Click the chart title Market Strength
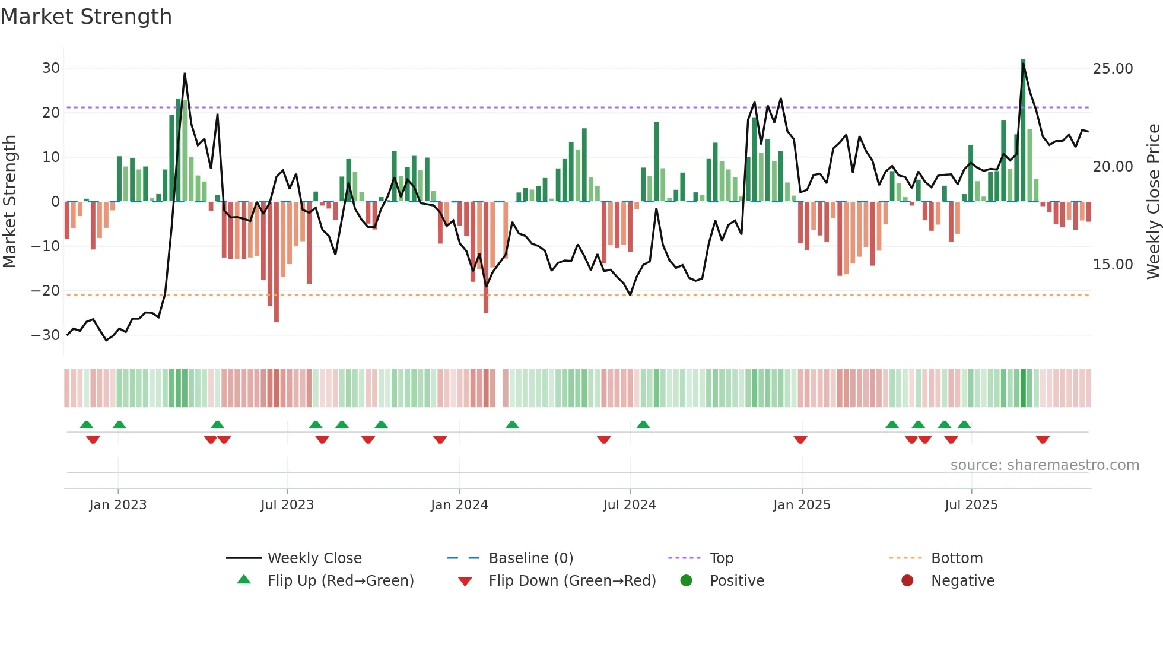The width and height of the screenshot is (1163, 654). pyautogui.click(x=86, y=17)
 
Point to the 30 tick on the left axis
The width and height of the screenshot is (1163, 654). pyautogui.click(x=51, y=68)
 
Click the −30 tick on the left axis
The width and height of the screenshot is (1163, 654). pyautogui.click(x=46, y=335)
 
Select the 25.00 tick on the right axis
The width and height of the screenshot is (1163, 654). pyautogui.click(x=1113, y=69)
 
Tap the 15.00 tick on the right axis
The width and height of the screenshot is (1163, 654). pyautogui.click(x=1113, y=265)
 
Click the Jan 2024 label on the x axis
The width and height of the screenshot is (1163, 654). pyautogui.click(x=459, y=505)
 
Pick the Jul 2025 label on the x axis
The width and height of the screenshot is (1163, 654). pyautogui.click(x=971, y=505)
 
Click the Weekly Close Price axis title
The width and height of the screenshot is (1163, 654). pyautogui.click(x=1153, y=202)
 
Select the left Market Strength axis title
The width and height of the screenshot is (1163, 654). pyautogui.click(x=10, y=202)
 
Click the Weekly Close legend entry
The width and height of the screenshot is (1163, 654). pyautogui.click(x=314, y=558)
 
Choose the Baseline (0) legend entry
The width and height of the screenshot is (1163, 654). pyautogui.click(x=530, y=558)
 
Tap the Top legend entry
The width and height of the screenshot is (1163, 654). pyautogui.click(x=721, y=558)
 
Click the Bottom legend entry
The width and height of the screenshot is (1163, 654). pyautogui.click(x=957, y=558)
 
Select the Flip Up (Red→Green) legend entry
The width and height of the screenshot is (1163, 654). pyautogui.click(x=340, y=581)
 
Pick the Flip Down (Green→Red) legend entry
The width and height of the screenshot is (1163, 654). pyautogui.click(x=572, y=581)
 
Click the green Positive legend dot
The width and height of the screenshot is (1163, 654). pyautogui.click(x=686, y=581)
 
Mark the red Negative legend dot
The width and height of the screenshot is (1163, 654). pyautogui.click(x=907, y=581)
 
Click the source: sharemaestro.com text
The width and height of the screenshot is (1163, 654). pyautogui.click(x=1044, y=465)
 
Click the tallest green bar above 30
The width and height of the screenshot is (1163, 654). pyautogui.click(x=1023, y=131)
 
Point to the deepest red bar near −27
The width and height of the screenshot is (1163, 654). pyautogui.click(x=277, y=261)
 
